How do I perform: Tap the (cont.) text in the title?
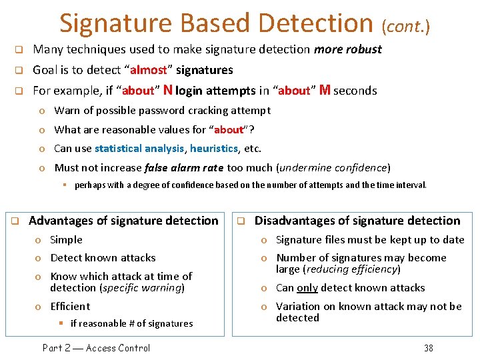coord(405,27)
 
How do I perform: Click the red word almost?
coord(149,70)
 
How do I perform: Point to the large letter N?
coord(168,90)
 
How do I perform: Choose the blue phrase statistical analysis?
coord(139,149)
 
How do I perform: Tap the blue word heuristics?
coord(213,149)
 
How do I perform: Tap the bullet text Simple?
coord(67,240)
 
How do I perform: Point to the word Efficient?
coord(70,307)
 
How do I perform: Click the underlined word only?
coord(307,288)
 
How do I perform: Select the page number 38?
coord(428,347)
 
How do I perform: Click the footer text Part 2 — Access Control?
coord(96,347)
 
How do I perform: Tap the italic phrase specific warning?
coord(142,288)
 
